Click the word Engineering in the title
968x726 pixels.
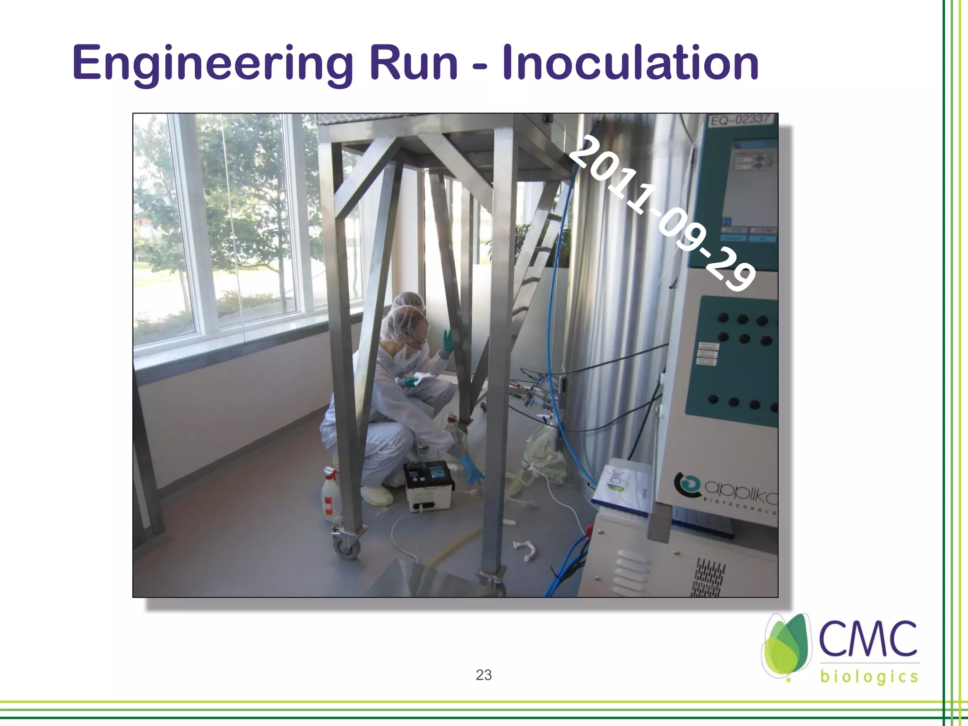tap(213, 64)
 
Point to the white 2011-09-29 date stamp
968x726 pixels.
tap(661, 212)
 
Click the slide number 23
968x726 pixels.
tap(484, 675)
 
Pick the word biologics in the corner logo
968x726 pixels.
tap(869, 677)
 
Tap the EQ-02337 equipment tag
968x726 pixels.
tap(743, 120)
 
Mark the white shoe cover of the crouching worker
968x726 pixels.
tap(376, 493)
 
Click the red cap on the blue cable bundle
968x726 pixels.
tap(589, 529)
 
